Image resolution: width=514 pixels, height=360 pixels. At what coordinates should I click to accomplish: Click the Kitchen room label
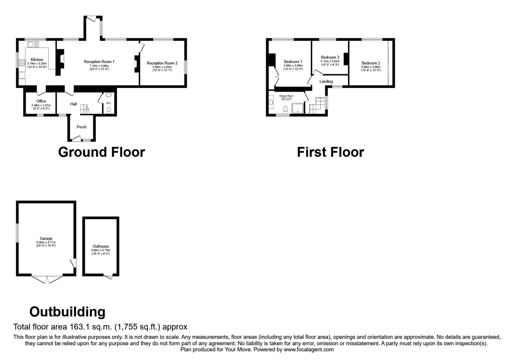(x=37, y=60)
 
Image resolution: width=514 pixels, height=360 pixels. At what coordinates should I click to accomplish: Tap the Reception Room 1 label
(x=99, y=62)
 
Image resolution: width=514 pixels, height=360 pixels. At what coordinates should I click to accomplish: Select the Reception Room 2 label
(x=162, y=63)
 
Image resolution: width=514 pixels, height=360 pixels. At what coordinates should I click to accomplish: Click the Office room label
(x=41, y=101)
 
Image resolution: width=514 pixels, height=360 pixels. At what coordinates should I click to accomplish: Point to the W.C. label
(x=109, y=103)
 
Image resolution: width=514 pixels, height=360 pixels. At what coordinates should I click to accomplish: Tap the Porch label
(x=82, y=127)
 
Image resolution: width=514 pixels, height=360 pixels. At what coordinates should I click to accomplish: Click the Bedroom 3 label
(x=330, y=58)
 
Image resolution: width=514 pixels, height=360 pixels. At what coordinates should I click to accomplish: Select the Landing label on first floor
(x=326, y=82)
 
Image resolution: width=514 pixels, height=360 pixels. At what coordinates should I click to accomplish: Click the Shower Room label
(x=286, y=96)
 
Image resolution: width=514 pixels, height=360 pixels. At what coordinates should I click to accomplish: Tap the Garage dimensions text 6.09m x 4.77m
(x=46, y=242)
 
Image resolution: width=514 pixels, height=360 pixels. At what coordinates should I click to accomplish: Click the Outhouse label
(x=101, y=247)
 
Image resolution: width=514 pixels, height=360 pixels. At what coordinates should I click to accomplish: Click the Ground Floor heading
(x=102, y=152)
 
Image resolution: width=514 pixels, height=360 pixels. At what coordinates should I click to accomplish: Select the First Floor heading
(x=330, y=152)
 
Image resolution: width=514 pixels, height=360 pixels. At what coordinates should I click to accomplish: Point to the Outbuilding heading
(x=67, y=311)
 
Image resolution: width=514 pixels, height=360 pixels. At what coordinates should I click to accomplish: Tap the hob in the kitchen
(x=22, y=63)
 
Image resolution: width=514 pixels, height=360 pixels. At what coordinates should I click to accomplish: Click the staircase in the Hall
(x=85, y=109)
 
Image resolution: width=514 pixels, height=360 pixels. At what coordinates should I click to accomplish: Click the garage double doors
(x=47, y=280)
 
